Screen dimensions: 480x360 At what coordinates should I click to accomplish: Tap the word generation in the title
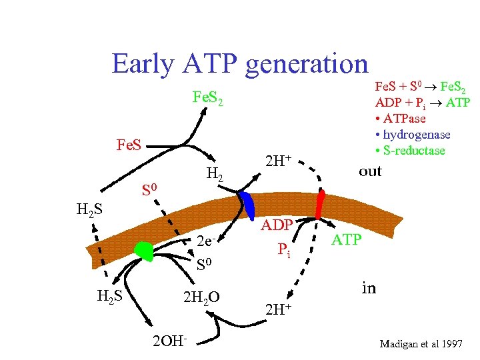click(x=307, y=65)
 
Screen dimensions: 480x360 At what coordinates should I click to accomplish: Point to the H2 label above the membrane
click(x=215, y=175)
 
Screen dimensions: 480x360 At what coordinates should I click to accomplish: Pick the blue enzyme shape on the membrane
click(x=248, y=204)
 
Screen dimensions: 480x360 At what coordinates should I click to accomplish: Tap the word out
click(x=370, y=171)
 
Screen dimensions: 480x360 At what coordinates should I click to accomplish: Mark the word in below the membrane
click(x=369, y=288)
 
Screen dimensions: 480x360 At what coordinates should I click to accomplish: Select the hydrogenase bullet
click(x=413, y=134)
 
